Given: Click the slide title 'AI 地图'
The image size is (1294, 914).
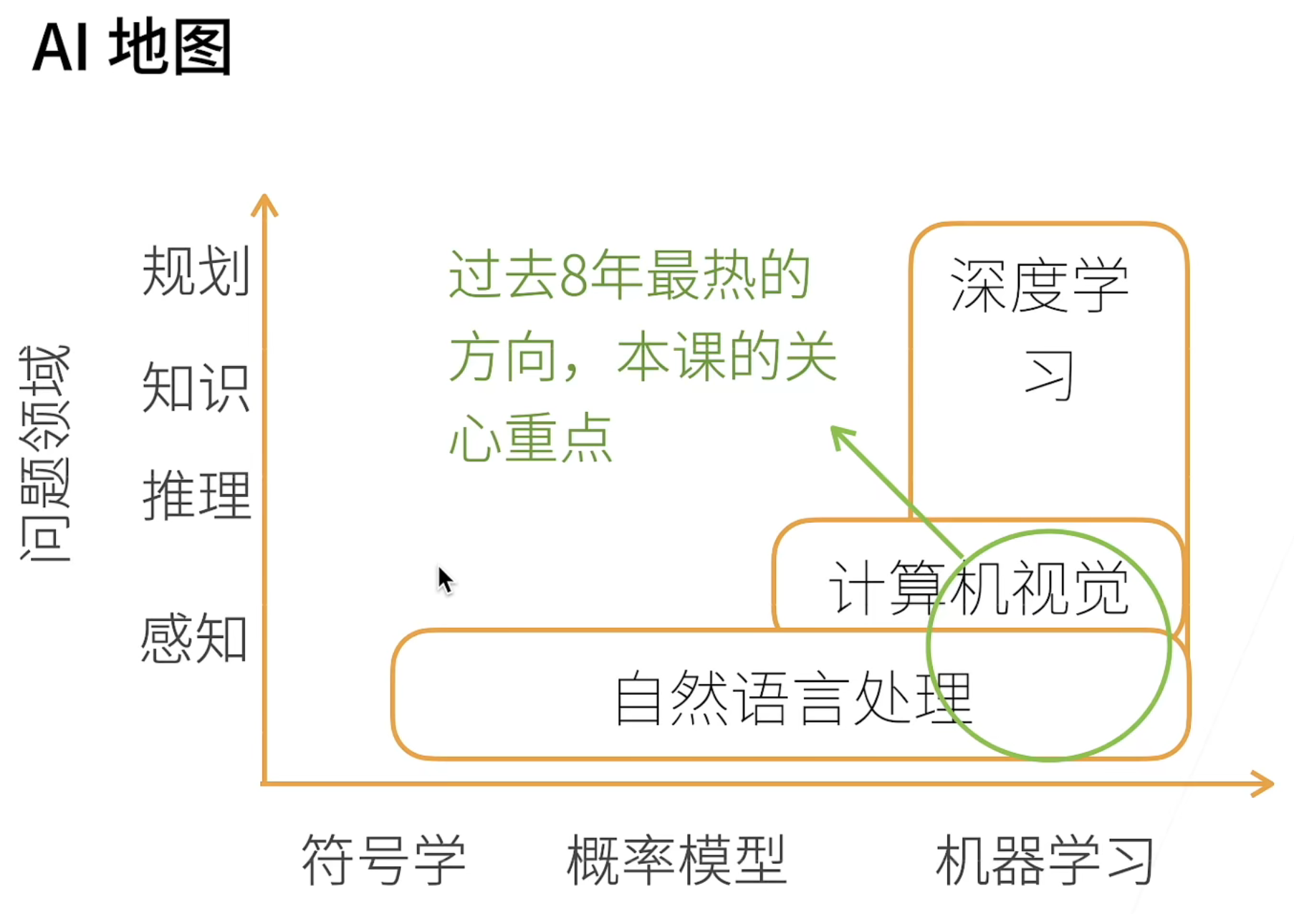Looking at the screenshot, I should tap(133, 47).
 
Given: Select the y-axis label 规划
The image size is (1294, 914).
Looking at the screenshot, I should tap(196, 271).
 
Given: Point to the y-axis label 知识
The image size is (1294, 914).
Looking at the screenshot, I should tap(196, 388).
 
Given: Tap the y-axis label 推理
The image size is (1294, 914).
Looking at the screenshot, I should tap(196, 495).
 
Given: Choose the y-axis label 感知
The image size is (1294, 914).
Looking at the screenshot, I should tap(194, 638).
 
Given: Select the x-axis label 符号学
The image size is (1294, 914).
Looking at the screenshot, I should tap(384, 860).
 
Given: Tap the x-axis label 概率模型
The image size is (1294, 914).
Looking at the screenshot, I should tap(676, 860).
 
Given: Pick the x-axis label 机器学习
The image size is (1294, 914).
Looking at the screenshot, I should tap(1045, 860).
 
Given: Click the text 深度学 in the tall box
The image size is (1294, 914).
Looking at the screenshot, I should tap(1040, 285).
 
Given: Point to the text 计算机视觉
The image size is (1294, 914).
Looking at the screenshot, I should tap(979, 588).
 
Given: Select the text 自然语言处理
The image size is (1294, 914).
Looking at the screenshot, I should tap(793, 698).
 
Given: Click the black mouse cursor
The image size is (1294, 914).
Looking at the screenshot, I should tap(445, 579).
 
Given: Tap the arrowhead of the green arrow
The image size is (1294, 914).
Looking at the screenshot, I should tap(840, 434).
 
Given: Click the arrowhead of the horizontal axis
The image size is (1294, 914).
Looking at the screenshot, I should tap(1264, 784).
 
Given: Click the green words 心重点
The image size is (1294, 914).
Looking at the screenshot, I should tap(531, 438).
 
